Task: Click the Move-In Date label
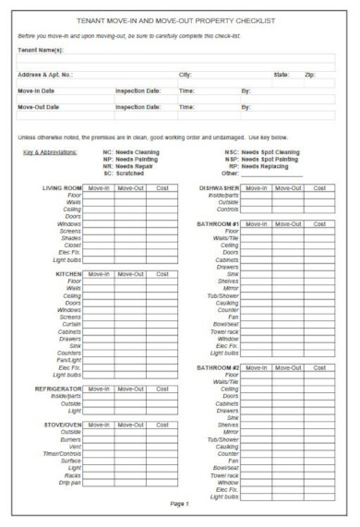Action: (42, 90)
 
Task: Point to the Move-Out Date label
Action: (43, 107)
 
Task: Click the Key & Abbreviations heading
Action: (51, 151)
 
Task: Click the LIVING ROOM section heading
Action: (63, 187)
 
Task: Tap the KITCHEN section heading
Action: (69, 274)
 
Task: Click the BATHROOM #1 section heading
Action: (218, 224)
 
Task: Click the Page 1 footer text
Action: (179, 505)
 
